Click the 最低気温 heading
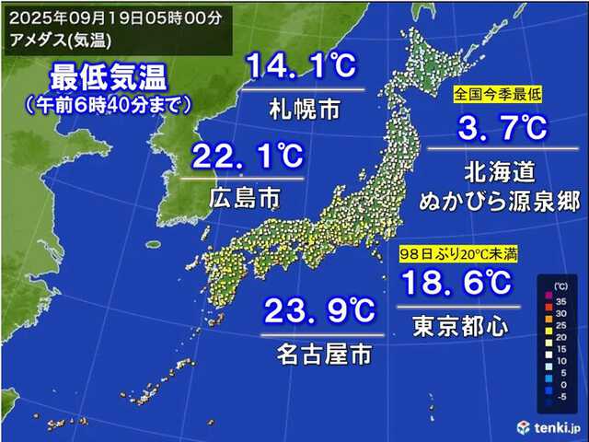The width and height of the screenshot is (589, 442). tap(109, 74)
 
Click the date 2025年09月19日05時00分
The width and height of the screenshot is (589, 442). tap(110, 17)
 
